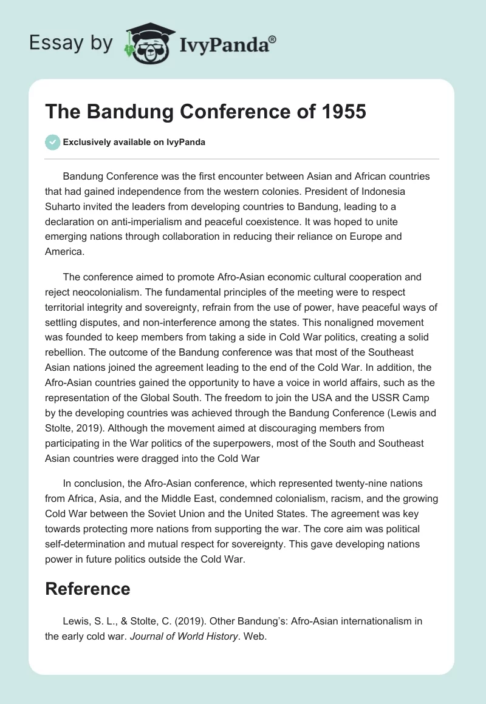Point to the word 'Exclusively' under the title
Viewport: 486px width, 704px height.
point(86,143)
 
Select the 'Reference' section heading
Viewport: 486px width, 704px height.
point(88,589)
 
